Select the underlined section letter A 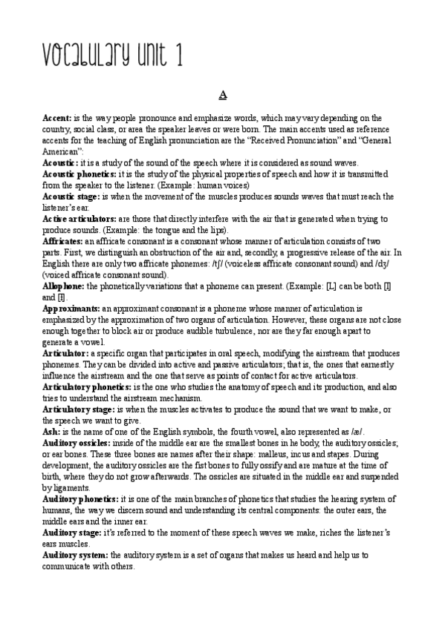click(222, 96)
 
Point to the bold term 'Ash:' click(51, 432)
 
